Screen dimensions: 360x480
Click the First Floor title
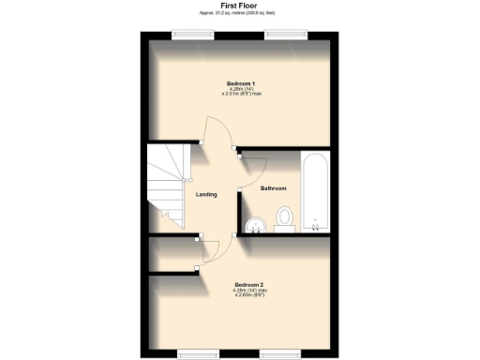pyautogui.click(x=239, y=6)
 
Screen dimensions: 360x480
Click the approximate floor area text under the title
pyautogui.click(x=239, y=13)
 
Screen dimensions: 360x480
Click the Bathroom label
pyautogui.click(x=273, y=189)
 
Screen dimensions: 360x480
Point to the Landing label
pyautogui.click(x=206, y=194)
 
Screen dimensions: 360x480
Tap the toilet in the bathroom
pyautogui.click(x=285, y=217)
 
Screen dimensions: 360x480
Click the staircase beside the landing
pyautogui.click(x=167, y=187)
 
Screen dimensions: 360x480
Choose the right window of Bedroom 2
pyautogui.click(x=280, y=353)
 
